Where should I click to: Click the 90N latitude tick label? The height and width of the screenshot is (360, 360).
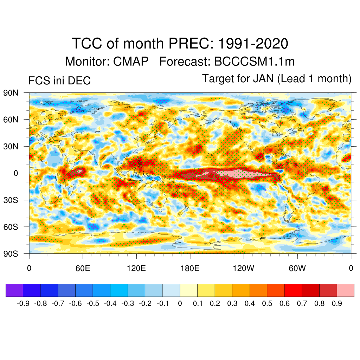point(11,93)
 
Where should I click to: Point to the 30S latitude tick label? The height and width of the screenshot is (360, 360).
point(11,200)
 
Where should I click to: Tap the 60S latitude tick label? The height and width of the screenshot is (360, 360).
point(11,227)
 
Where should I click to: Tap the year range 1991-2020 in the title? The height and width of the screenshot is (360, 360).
point(253,44)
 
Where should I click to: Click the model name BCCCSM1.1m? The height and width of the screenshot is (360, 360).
point(254,62)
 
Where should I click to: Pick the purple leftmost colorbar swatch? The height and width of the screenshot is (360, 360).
point(14,290)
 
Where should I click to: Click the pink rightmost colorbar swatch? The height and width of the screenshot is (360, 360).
point(345,290)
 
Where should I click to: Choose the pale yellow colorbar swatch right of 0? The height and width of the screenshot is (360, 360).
point(188,290)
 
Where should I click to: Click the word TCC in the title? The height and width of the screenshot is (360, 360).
point(88,44)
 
